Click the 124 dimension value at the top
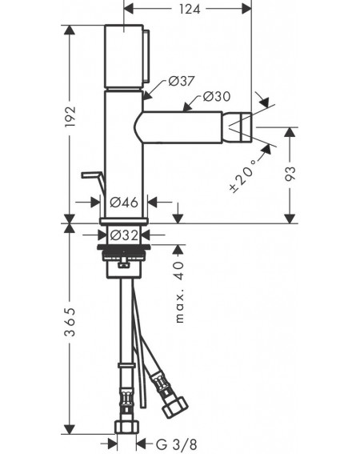click(190, 9)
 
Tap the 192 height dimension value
click(70, 117)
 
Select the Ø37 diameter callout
click(182, 81)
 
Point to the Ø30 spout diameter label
click(217, 96)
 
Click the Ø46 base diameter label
click(124, 202)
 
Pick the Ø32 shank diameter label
click(124, 235)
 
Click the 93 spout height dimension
click(290, 174)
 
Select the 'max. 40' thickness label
click(180, 291)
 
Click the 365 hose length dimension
click(70, 322)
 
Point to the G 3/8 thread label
click(176, 444)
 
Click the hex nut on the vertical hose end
click(126, 427)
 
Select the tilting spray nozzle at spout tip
click(237, 127)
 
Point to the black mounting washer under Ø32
click(124, 247)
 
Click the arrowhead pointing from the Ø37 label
click(147, 95)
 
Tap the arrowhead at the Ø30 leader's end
click(188, 107)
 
